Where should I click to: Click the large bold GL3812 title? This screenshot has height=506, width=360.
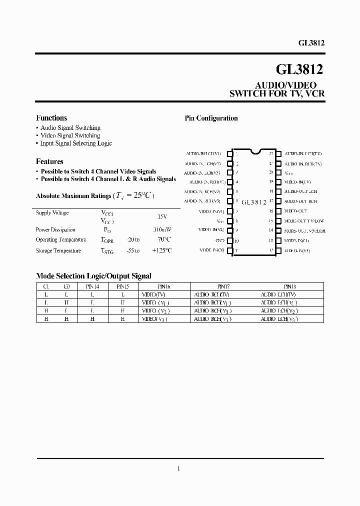(x=299, y=69)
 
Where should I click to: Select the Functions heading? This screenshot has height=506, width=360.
(x=51, y=118)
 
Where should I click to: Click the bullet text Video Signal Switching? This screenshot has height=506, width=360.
(x=70, y=135)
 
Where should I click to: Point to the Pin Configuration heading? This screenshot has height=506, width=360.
(x=211, y=118)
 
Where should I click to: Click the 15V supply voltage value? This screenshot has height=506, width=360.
(x=162, y=217)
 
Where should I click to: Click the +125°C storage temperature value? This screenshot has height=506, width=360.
(x=162, y=250)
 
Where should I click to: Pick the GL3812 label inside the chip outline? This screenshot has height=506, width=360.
(x=254, y=202)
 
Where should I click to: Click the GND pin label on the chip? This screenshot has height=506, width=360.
(x=220, y=240)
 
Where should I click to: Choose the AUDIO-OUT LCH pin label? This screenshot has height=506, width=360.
(x=300, y=192)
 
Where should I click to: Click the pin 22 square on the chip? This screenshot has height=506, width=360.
(x=279, y=154)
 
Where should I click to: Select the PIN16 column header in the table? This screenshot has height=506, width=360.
(x=164, y=287)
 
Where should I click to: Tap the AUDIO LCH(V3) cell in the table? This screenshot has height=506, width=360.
(x=278, y=318)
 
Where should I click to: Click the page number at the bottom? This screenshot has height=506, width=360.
(x=179, y=468)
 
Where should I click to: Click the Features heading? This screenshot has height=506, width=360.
(x=49, y=162)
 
